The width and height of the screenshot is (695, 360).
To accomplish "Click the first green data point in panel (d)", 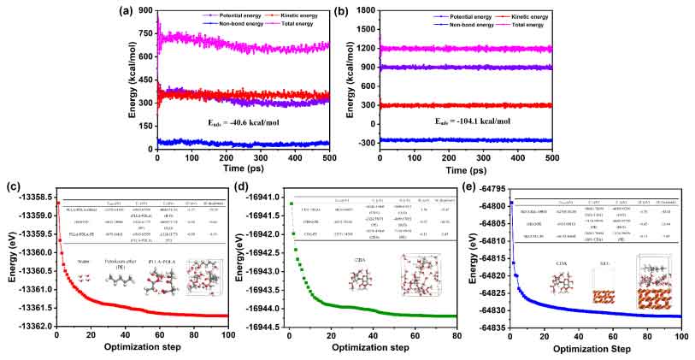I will point(291,204).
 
